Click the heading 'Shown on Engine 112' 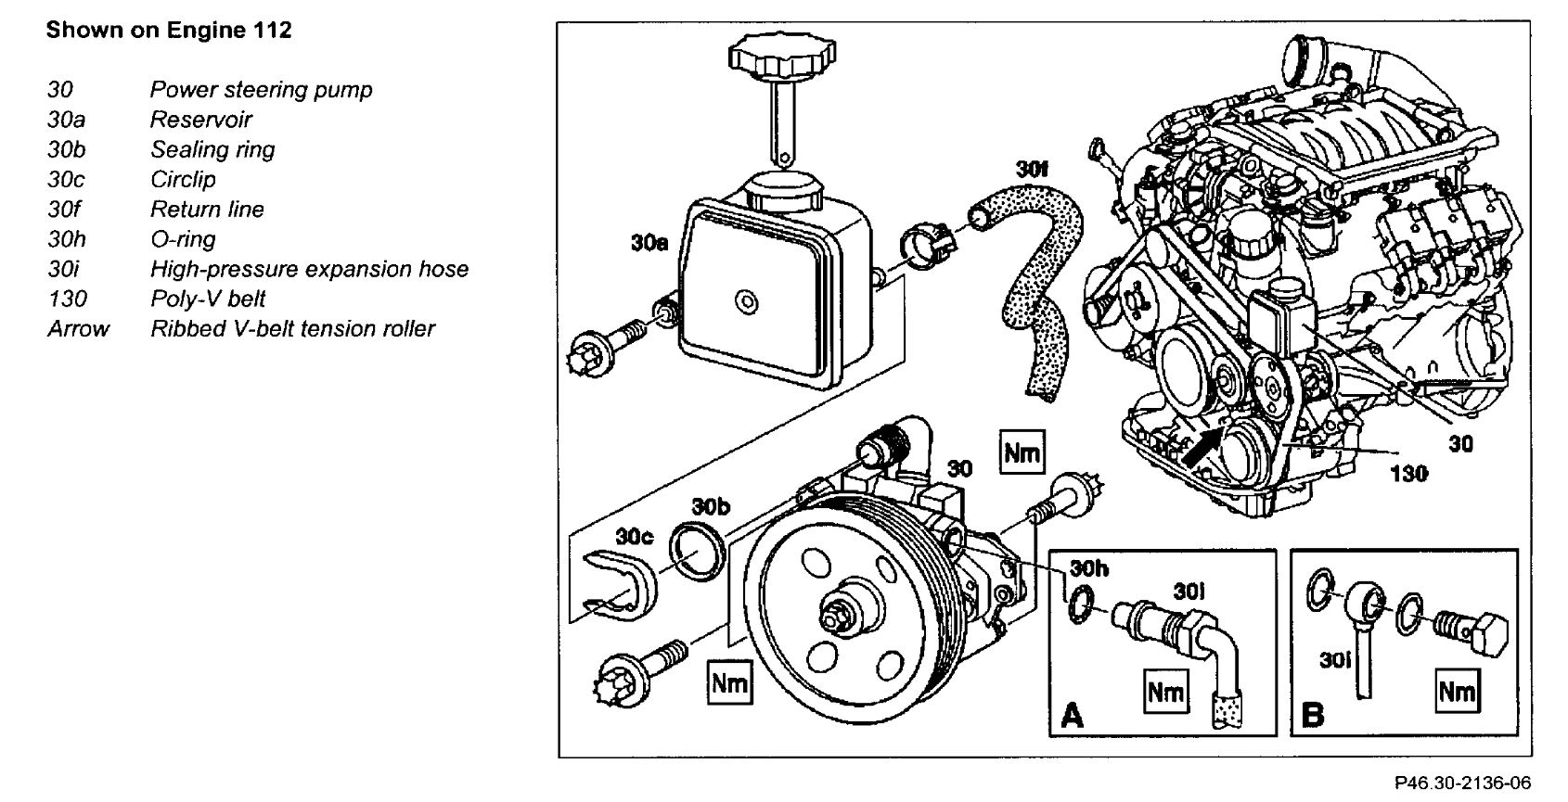pyautogui.click(x=169, y=31)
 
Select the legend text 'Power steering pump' pyautogui.click(x=261, y=90)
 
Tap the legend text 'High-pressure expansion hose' pyautogui.click(x=309, y=269)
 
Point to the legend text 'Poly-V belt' pyautogui.click(x=208, y=299)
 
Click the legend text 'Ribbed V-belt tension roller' pyautogui.click(x=292, y=328)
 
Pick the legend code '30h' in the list pyautogui.click(x=67, y=239)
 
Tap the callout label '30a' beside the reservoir pyautogui.click(x=650, y=244)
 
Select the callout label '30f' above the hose pyautogui.click(x=1031, y=170)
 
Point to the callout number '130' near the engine pyautogui.click(x=1408, y=474)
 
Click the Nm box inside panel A pyautogui.click(x=1165, y=693)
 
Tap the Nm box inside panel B pyautogui.click(x=1457, y=691)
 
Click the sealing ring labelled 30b pyautogui.click(x=696, y=554)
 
